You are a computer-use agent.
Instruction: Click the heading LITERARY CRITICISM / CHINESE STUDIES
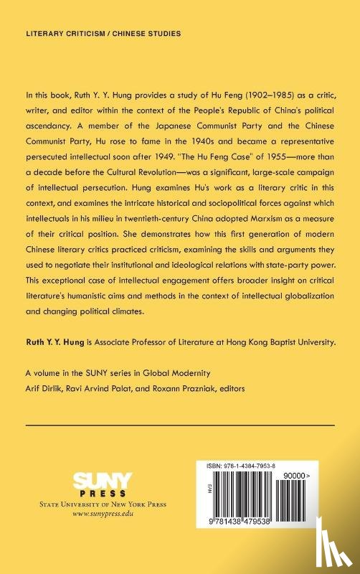(x=103, y=34)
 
